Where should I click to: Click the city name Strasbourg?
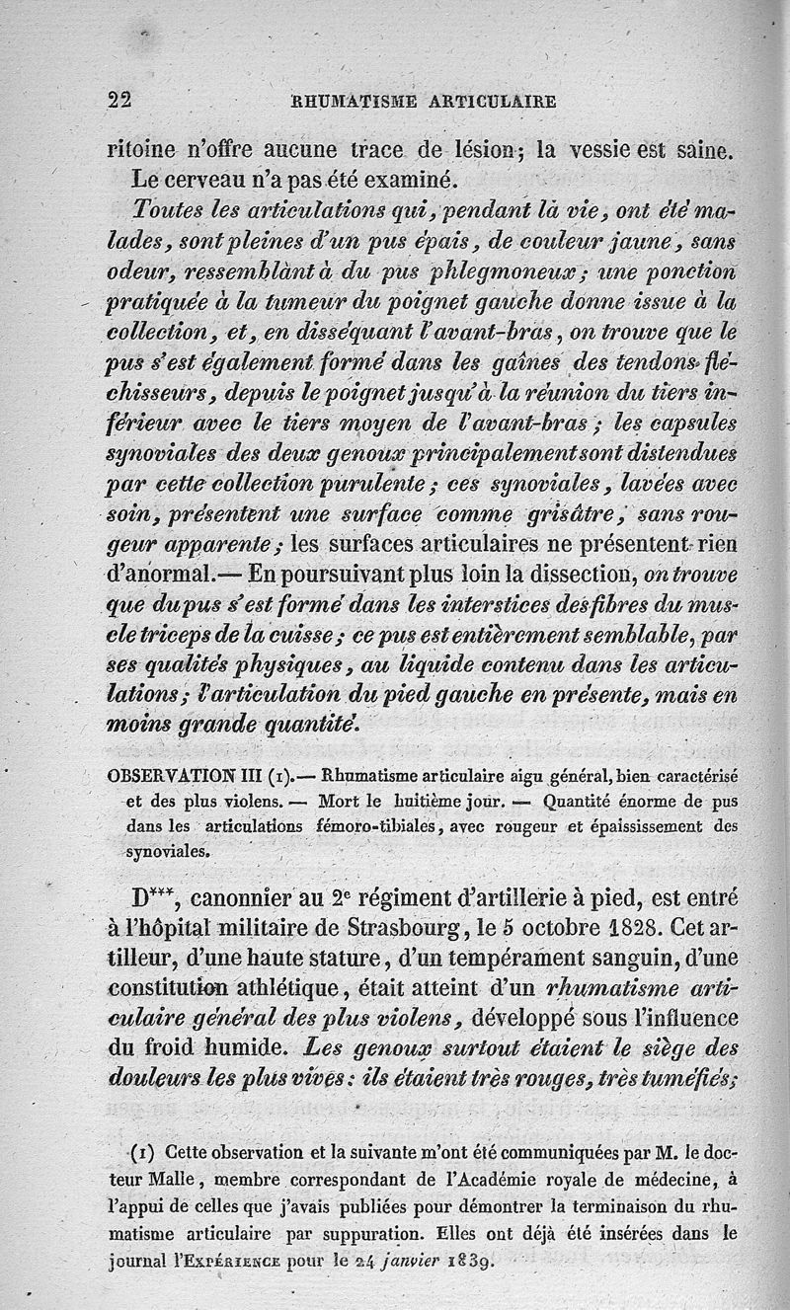[392, 930]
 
